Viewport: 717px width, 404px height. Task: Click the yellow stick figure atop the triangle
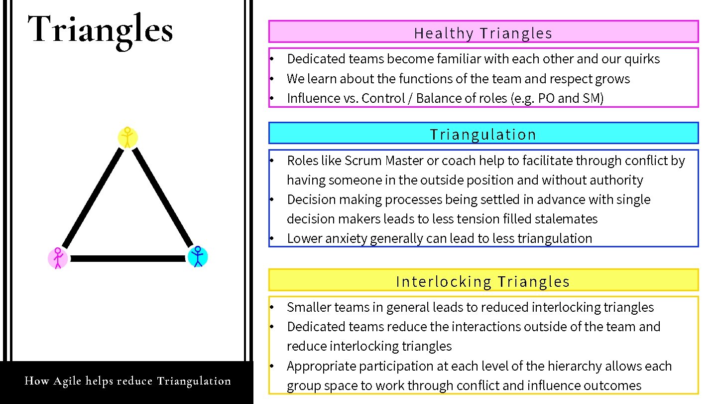(x=127, y=138)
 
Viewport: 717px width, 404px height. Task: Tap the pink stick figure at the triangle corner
(x=58, y=258)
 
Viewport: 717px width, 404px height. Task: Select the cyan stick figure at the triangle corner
(x=198, y=256)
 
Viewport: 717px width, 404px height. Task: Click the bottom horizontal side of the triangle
(x=127, y=258)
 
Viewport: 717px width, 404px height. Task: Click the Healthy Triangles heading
(x=483, y=33)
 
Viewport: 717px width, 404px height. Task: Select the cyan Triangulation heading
(x=483, y=135)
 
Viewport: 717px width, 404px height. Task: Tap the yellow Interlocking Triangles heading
(x=483, y=282)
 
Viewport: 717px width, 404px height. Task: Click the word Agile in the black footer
(x=67, y=382)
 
